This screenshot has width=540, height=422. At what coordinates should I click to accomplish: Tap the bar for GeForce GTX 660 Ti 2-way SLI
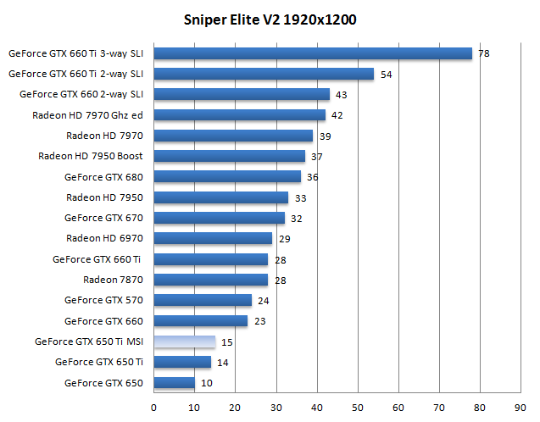[263, 74]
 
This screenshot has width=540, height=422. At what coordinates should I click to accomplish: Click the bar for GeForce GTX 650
[174, 383]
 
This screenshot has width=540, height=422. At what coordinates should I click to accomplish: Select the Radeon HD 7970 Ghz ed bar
[238, 115]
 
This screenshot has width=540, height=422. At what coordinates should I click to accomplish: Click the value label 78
[483, 53]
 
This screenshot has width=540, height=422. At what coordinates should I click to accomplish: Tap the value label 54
[386, 75]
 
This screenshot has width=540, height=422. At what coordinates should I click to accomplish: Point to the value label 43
[341, 95]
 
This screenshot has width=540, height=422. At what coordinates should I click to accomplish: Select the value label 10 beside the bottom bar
[206, 384]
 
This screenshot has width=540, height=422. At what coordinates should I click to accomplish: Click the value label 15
[226, 343]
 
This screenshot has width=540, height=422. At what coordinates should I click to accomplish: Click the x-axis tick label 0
[153, 406]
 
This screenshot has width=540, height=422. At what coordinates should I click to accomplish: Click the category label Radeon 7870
[113, 280]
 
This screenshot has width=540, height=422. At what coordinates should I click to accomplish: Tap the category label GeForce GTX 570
[103, 301]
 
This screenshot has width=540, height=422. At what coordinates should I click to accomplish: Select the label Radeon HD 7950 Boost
[91, 157]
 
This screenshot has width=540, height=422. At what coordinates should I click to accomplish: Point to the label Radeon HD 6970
[104, 239]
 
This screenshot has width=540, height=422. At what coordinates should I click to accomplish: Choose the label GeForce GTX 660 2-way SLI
[81, 95]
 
